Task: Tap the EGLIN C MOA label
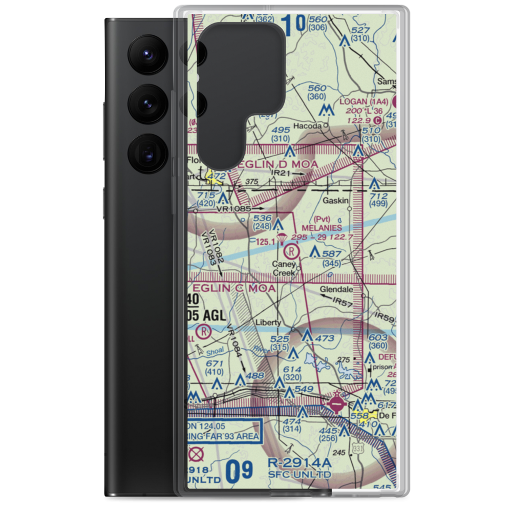233,289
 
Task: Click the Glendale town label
336,289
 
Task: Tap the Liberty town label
268,323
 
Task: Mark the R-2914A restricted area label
300,463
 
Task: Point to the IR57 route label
343,303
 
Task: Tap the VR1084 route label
237,344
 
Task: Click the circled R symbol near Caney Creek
291,251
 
